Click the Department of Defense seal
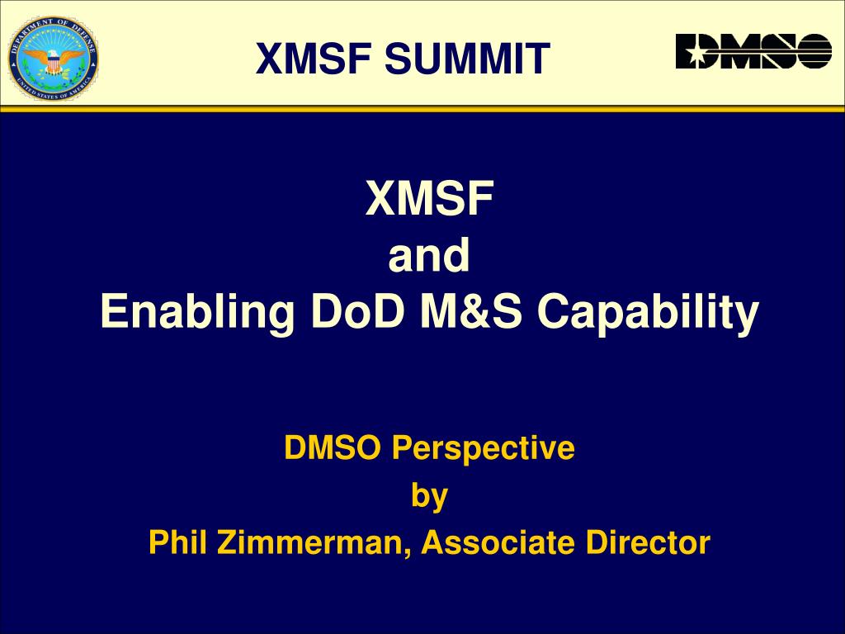pyautogui.click(x=53, y=59)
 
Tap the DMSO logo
pyautogui.click(x=753, y=51)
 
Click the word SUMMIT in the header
pyautogui.click(x=467, y=59)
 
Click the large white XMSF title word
pyautogui.click(x=429, y=198)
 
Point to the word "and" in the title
pyautogui.click(x=429, y=255)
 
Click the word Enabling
pyautogui.click(x=197, y=313)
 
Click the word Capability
pyautogui.click(x=649, y=313)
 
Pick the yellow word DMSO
pyautogui.click(x=332, y=447)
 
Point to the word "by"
pyautogui.click(x=429, y=496)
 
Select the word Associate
pyautogui.click(x=498, y=542)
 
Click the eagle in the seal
pyautogui.click(x=53, y=59)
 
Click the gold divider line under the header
pyautogui.click(x=422, y=108)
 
